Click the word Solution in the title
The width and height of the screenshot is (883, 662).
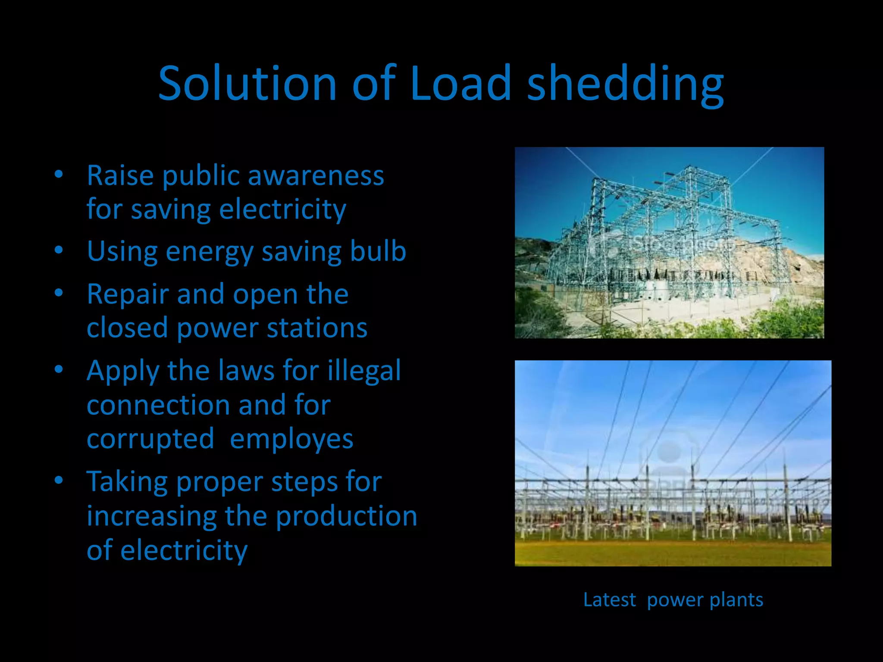[247, 83]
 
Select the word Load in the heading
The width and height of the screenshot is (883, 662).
[460, 83]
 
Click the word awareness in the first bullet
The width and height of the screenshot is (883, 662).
[316, 176]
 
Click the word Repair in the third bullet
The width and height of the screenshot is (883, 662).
[128, 294]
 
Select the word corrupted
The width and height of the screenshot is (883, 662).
[150, 439]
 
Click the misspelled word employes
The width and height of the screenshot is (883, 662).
[291, 439]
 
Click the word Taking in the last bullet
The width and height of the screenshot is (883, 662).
[127, 482]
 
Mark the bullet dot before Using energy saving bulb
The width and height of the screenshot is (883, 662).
[59, 250]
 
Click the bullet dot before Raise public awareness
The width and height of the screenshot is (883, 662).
[59, 175]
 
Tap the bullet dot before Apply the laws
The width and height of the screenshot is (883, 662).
[59, 369]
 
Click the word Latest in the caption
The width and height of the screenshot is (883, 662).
[609, 600]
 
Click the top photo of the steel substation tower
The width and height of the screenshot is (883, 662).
[669, 243]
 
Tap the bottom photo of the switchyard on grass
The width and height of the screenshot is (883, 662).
[673, 463]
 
